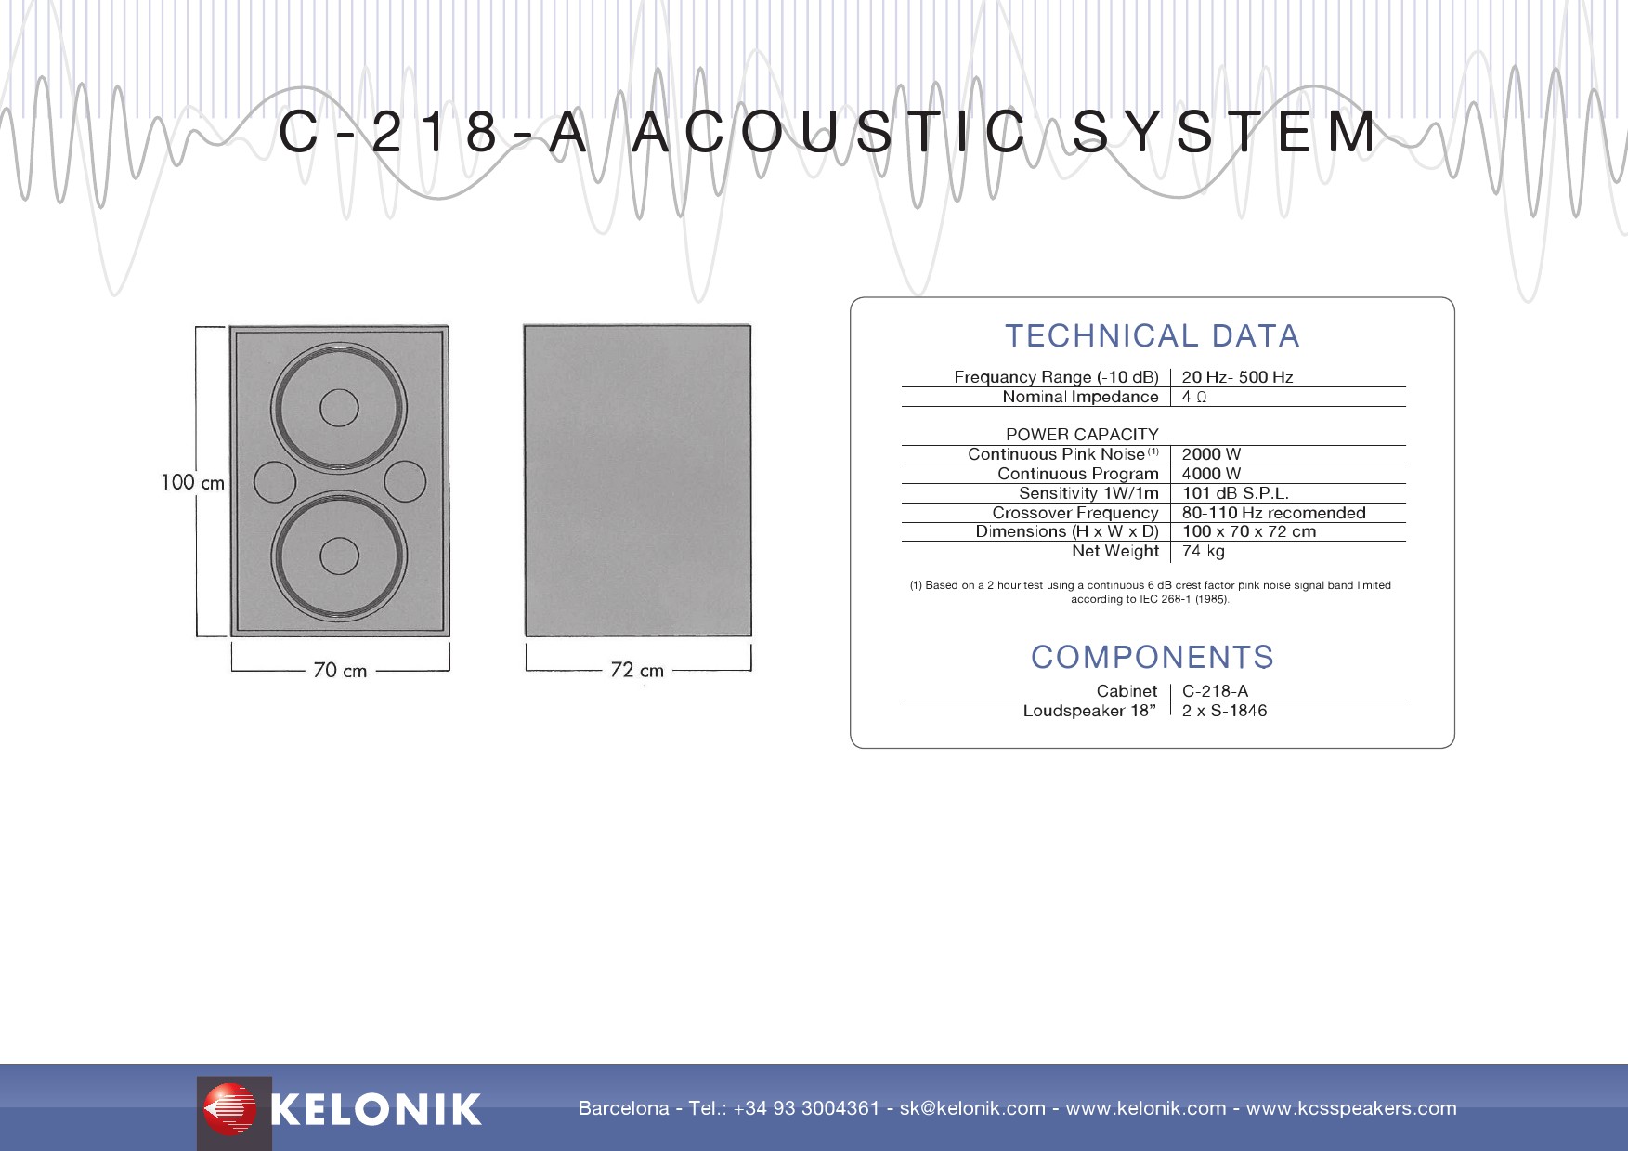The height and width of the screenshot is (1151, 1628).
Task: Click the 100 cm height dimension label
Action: (x=192, y=482)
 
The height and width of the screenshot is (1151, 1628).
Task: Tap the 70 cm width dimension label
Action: (x=340, y=671)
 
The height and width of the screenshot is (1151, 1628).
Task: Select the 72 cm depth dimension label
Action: (x=637, y=670)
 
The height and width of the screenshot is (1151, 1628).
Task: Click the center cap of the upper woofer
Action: (x=339, y=408)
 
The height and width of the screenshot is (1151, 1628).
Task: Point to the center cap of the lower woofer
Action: (x=339, y=556)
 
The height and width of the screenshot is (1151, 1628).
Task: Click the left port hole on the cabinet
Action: (x=274, y=482)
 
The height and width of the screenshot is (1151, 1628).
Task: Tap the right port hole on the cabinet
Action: (x=405, y=482)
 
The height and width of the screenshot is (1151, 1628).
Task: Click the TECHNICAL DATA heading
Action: (x=1152, y=336)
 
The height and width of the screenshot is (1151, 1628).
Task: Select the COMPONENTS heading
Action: (x=1152, y=658)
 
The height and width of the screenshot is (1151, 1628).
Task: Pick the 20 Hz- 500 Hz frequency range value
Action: (x=1237, y=377)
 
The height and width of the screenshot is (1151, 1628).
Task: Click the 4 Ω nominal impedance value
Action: (x=1194, y=397)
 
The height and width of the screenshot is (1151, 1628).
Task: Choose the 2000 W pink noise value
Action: (x=1211, y=454)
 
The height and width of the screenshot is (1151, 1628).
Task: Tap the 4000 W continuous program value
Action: (x=1211, y=474)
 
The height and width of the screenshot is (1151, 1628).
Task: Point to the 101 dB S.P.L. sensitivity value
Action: (x=1235, y=493)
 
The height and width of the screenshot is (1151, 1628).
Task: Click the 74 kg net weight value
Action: (x=1203, y=551)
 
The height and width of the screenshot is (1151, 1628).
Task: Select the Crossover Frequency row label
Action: (x=1075, y=513)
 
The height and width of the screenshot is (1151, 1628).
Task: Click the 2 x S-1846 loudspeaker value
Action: (x=1224, y=711)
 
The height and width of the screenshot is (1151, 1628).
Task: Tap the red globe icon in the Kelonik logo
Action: (x=229, y=1109)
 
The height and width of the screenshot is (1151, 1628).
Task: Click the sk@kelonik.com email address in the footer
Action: (x=972, y=1108)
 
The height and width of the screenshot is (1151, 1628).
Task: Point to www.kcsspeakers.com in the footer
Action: (x=1351, y=1108)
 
